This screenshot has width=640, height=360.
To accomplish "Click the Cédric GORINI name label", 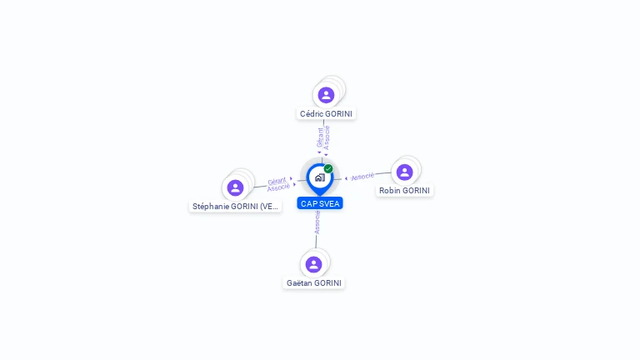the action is tap(326, 114).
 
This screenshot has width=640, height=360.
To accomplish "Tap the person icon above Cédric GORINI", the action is tap(326, 95).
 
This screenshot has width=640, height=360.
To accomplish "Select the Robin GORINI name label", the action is tap(404, 191).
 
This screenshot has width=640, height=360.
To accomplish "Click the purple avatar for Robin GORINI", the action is tap(404, 172).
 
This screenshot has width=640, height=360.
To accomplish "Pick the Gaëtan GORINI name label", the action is tap(314, 282).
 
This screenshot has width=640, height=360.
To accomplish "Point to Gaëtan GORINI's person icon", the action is tap(313, 264).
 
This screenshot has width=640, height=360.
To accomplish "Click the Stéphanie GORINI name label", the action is tap(235, 207).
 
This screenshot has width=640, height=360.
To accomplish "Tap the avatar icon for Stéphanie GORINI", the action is tap(235, 187).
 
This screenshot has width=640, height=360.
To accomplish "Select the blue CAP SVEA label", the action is tap(320, 203).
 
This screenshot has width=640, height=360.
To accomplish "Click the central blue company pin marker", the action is tap(320, 179).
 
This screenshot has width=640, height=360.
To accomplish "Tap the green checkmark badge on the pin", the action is tap(328, 168).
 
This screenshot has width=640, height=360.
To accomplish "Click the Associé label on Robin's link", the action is tap(362, 177).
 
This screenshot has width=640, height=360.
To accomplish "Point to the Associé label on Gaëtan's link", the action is tap(317, 222).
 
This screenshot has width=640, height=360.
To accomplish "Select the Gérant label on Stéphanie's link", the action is tap(277, 181).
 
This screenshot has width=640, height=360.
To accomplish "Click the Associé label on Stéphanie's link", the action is tap(278, 187).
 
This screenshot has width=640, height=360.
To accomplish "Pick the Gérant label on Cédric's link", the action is tap(320, 137).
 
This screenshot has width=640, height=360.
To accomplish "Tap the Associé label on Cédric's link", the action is tap(327, 137).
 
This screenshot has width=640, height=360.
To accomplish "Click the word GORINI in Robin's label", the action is tap(416, 191).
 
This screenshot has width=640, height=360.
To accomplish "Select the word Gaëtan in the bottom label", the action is tap(299, 282).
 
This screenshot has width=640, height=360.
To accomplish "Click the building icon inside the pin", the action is tap(320, 177).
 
